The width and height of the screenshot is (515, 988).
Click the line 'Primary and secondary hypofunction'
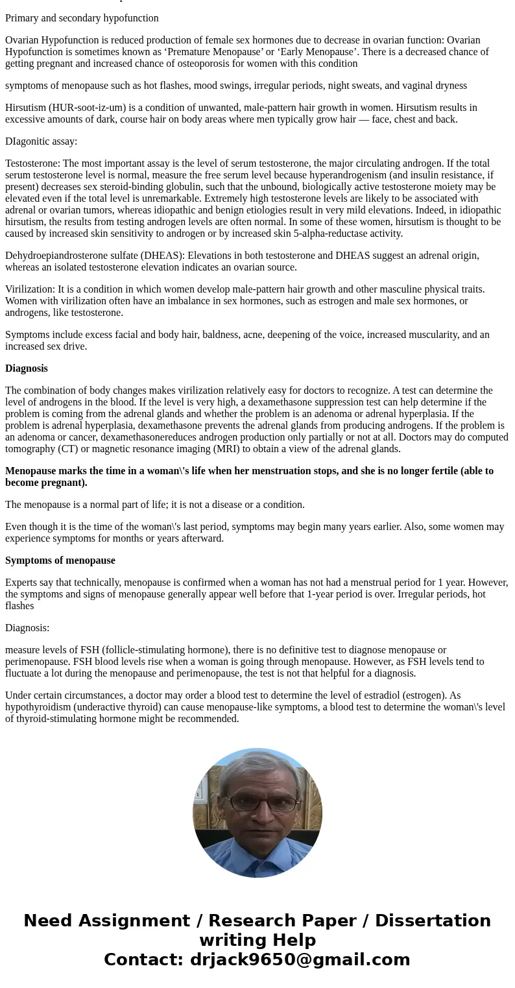tap(82, 18)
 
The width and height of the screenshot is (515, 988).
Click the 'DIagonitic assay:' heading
tap(41, 141)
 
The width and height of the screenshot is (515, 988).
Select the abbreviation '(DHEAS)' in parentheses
tap(166, 256)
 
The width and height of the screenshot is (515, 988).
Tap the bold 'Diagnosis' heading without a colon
tap(27, 368)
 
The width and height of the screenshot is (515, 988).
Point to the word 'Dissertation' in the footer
tap(433, 921)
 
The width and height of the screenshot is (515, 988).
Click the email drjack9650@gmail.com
tap(300, 960)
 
